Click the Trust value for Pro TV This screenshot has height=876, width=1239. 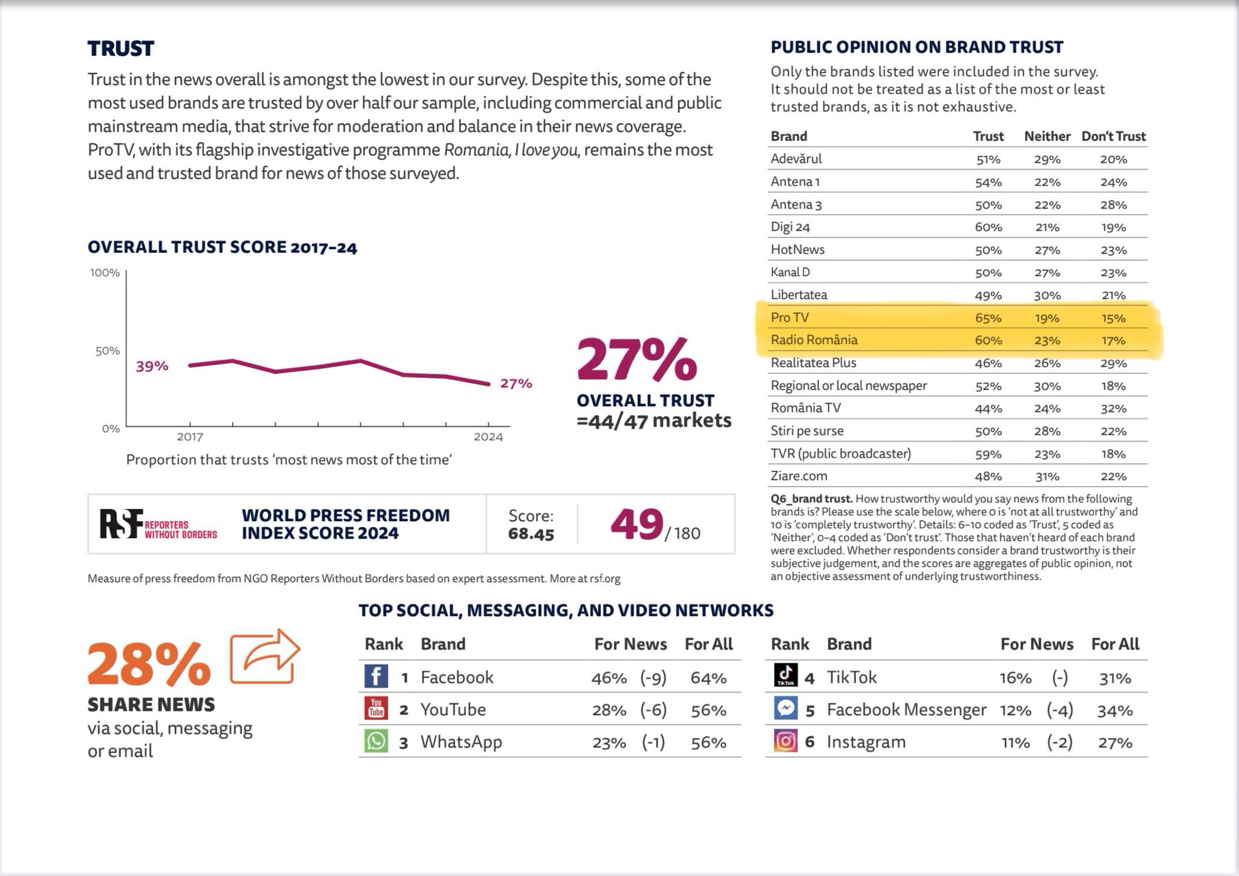988,318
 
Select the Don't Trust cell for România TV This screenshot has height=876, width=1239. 1113,409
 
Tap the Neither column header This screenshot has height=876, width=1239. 1047,136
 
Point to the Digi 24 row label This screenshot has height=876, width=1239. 790,227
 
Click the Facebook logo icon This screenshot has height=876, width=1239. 376,676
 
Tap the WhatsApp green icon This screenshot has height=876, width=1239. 376,741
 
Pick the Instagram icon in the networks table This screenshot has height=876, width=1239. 786,741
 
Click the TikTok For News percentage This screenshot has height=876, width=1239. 1015,678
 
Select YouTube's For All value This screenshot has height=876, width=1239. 708,710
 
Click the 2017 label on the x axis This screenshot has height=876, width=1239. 189,436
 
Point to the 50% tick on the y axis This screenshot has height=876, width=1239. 107,351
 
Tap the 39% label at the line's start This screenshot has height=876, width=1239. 152,366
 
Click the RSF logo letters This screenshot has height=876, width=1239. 121,524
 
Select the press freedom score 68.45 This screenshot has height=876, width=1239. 531,534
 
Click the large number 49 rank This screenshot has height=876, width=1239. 636,524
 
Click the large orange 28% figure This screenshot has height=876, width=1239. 149,664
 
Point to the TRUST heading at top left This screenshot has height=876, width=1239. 121,48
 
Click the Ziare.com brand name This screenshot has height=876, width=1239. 799,476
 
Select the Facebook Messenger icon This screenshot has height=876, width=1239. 786,708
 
